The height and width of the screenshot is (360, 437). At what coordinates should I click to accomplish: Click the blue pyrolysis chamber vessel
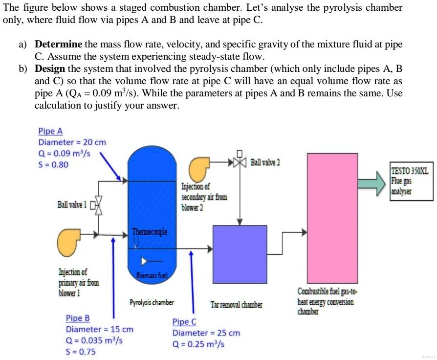pyautogui.click(x=152, y=205)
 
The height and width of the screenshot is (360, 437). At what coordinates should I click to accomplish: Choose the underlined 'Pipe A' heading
pyautogui.click(x=50, y=131)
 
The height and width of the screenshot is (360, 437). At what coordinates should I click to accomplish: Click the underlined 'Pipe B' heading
pyautogui.click(x=78, y=318)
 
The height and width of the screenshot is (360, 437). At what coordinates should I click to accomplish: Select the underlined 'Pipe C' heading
pyautogui.click(x=184, y=322)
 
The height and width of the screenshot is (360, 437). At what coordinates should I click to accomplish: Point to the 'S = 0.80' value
pyautogui.click(x=54, y=164)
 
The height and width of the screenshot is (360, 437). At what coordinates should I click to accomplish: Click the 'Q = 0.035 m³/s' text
pyautogui.click(x=94, y=341)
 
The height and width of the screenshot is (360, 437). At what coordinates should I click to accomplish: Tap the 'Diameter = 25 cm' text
pyautogui.click(x=206, y=333)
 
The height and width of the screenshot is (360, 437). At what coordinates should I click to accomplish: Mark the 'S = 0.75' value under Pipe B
pyautogui.click(x=81, y=352)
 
